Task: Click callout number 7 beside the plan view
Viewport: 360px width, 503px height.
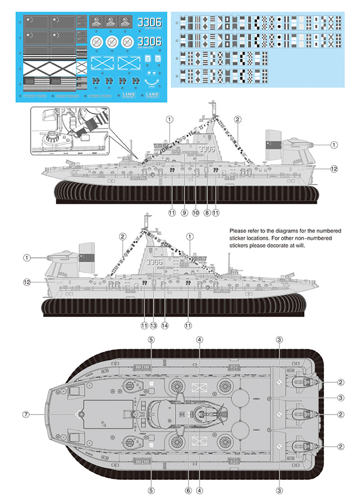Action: point(26,414)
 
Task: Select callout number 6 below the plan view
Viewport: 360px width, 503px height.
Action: point(188,490)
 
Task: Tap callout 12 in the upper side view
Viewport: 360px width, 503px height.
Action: point(334,169)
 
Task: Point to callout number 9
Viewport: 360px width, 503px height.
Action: point(184,213)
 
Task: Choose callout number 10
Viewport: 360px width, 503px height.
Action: point(195,213)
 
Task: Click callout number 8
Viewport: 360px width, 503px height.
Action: point(207,213)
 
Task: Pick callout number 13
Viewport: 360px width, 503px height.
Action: point(153,326)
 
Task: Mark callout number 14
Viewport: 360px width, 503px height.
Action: point(165,326)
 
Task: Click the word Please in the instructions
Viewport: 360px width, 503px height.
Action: point(238,231)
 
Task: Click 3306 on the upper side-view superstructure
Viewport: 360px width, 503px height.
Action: point(206,149)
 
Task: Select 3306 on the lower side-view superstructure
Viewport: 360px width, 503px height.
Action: point(154,262)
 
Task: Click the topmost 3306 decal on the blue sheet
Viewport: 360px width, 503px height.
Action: point(149,22)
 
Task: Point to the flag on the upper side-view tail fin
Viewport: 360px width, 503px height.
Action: point(274,145)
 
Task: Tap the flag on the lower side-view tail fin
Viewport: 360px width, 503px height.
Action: point(87,258)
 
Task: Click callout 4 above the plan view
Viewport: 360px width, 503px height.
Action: point(199,340)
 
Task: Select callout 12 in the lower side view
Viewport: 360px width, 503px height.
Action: point(27,282)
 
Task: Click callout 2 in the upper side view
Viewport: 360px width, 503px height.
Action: point(237,119)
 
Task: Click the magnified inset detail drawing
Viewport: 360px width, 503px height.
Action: point(69,131)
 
